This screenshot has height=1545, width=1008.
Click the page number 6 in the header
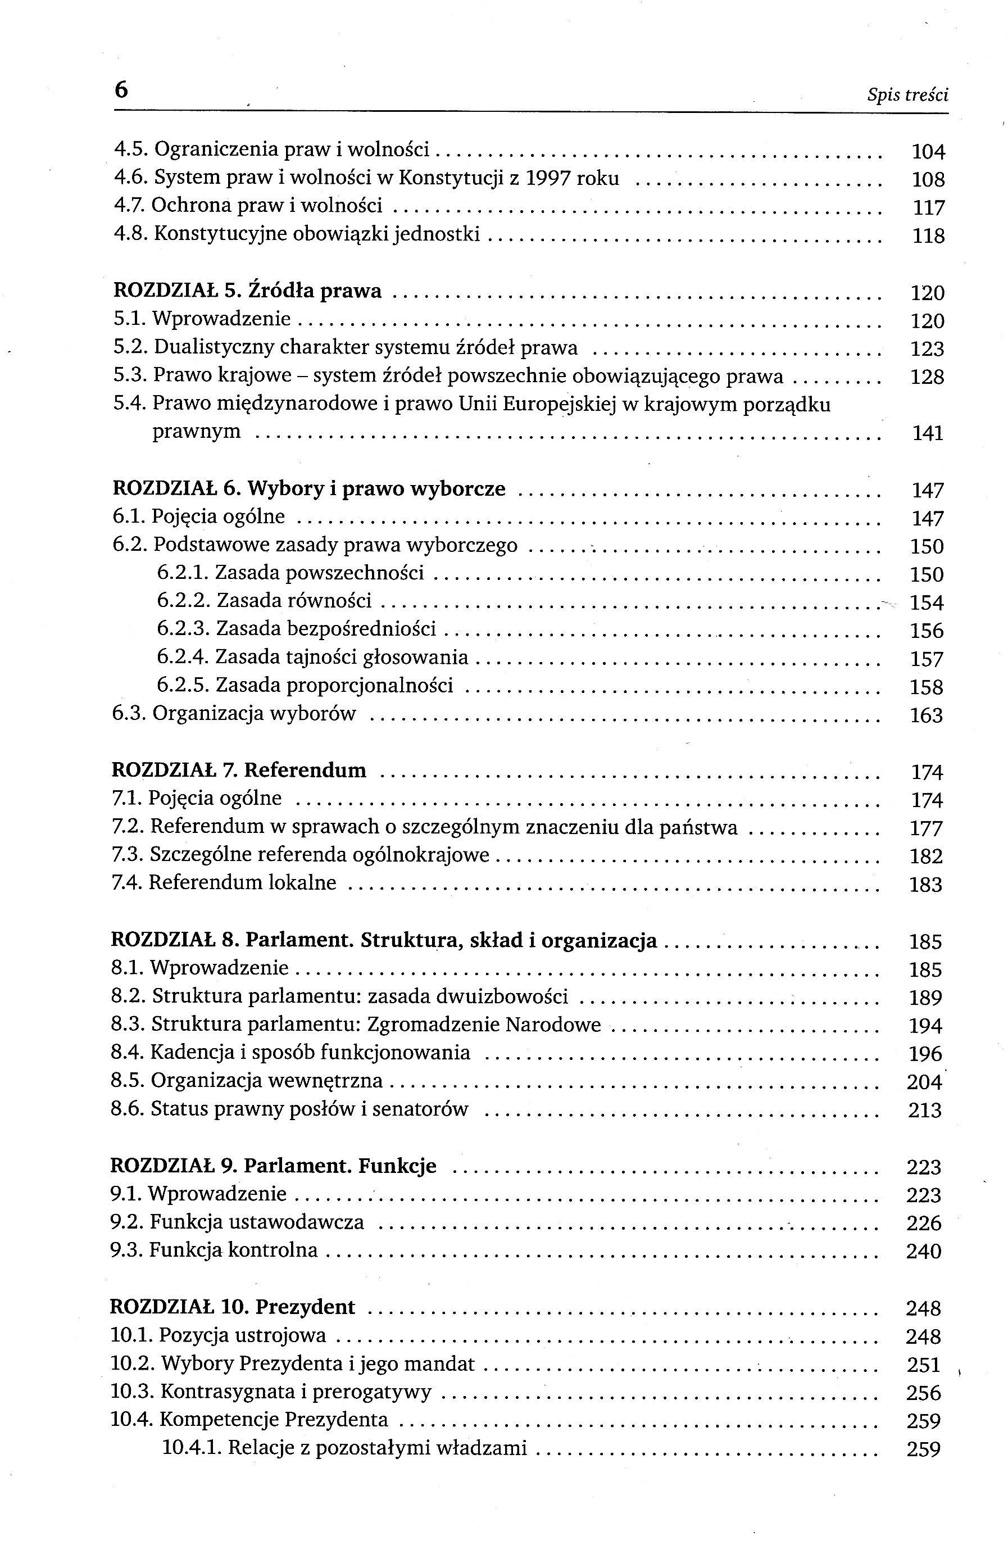[x=121, y=90]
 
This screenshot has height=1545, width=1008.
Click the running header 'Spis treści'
[x=907, y=96]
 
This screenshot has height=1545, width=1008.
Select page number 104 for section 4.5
[x=928, y=152]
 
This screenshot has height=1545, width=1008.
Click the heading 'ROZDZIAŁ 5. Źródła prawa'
[x=247, y=291]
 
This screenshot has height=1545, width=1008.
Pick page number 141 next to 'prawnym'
[x=928, y=433]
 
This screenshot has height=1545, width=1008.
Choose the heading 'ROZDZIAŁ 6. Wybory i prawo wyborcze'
[x=309, y=488]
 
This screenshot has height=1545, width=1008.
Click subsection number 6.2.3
[x=183, y=628]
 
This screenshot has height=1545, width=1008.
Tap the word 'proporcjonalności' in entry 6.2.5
[x=369, y=685]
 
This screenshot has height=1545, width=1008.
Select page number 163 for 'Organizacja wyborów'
[x=926, y=715]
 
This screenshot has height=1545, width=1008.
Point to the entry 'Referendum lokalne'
[x=242, y=883]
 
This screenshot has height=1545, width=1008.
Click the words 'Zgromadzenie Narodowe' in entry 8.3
[x=484, y=1025]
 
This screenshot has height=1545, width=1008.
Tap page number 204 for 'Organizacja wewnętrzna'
[x=924, y=1082]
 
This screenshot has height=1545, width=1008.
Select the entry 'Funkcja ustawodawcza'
[x=256, y=1222]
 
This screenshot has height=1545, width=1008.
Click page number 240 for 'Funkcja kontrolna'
[x=924, y=1251]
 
